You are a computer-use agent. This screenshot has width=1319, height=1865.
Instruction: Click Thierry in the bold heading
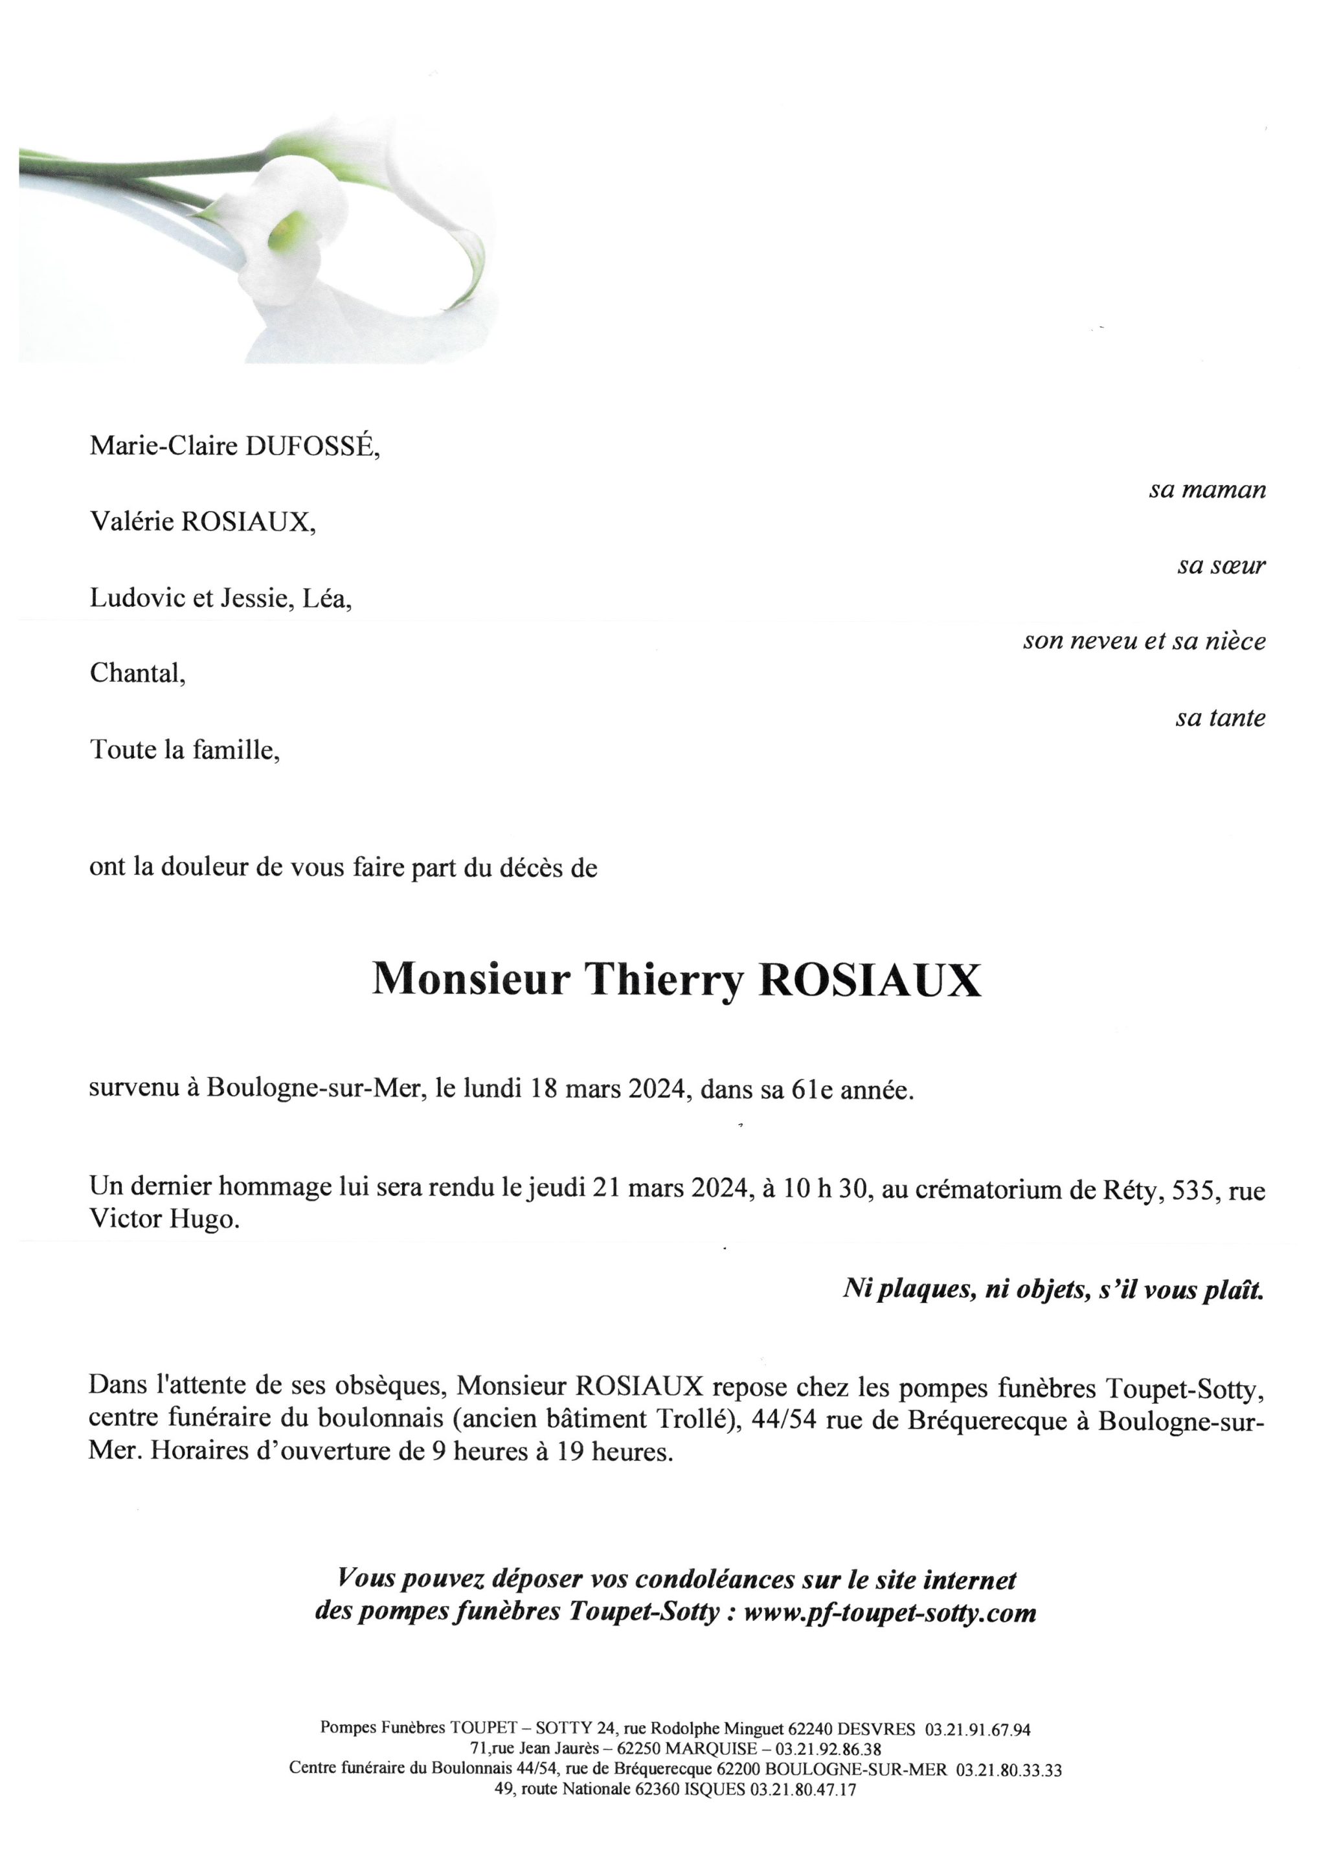pyautogui.click(x=664, y=980)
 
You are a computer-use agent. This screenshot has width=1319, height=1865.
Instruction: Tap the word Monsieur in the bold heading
pyautogui.click(x=471, y=980)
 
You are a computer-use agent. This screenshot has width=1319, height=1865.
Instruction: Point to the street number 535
pyautogui.click(x=1192, y=1190)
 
